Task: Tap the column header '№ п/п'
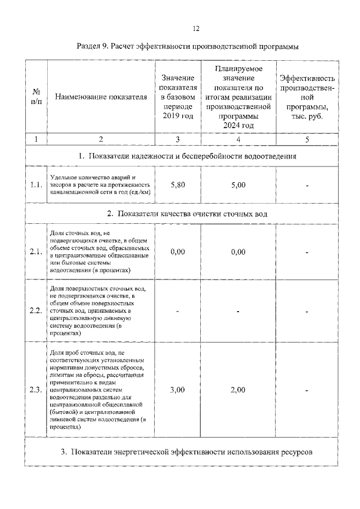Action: coord(36,96)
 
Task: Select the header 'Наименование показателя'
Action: coord(101,97)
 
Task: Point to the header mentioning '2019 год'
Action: coord(177,97)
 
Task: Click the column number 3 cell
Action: coord(177,138)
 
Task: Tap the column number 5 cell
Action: coord(307,138)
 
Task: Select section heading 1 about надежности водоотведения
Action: coord(187,156)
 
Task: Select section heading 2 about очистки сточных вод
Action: coord(187,214)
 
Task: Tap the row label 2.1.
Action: coord(36,252)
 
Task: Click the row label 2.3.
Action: coord(36,389)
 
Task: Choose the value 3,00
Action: coord(177,389)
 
